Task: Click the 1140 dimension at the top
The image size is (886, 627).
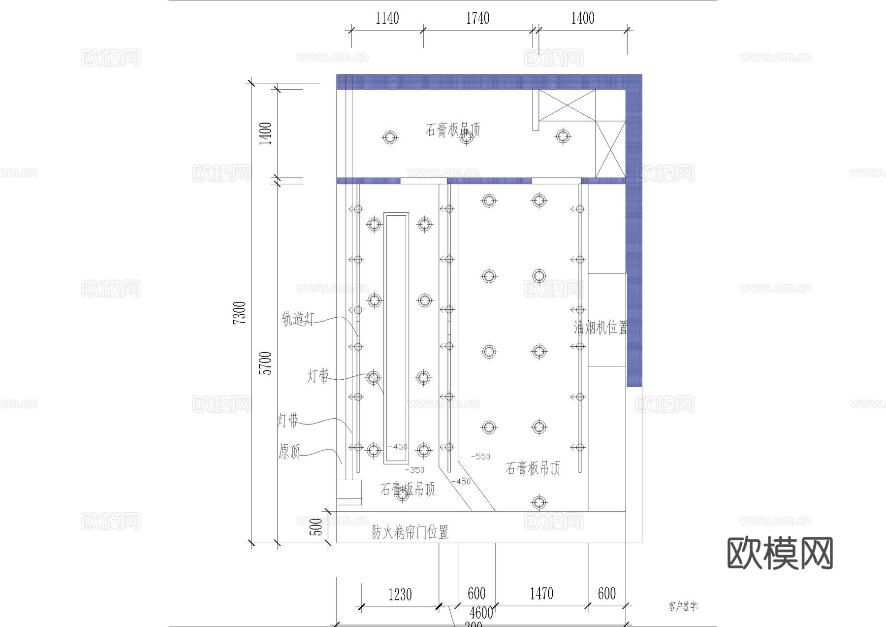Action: pos(387,19)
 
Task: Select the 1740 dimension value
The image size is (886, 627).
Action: pos(477,19)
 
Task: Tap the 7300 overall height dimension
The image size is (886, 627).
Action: pos(239,313)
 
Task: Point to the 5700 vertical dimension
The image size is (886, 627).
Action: pos(266,363)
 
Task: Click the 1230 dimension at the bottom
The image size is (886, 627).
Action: pos(400,594)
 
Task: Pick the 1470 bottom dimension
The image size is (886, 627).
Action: pos(541,594)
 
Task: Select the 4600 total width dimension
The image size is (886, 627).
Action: pos(481,613)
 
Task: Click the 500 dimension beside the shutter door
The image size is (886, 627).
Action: pos(318,527)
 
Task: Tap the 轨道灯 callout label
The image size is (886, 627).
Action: pos(297,319)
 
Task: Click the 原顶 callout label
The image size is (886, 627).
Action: pos(289,451)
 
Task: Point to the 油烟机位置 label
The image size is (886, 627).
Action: pos(601,328)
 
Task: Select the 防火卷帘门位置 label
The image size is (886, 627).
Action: pos(410,532)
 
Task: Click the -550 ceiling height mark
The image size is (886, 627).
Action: pos(480,457)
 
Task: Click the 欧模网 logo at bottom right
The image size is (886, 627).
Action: pos(780,553)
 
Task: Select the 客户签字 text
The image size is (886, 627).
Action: pos(683,606)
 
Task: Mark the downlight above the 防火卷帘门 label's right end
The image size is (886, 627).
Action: pos(539,503)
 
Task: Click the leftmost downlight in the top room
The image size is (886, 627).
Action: pos(390,137)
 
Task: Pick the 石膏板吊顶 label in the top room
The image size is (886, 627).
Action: pos(452,130)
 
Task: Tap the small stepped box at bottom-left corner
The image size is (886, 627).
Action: pos(349,492)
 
